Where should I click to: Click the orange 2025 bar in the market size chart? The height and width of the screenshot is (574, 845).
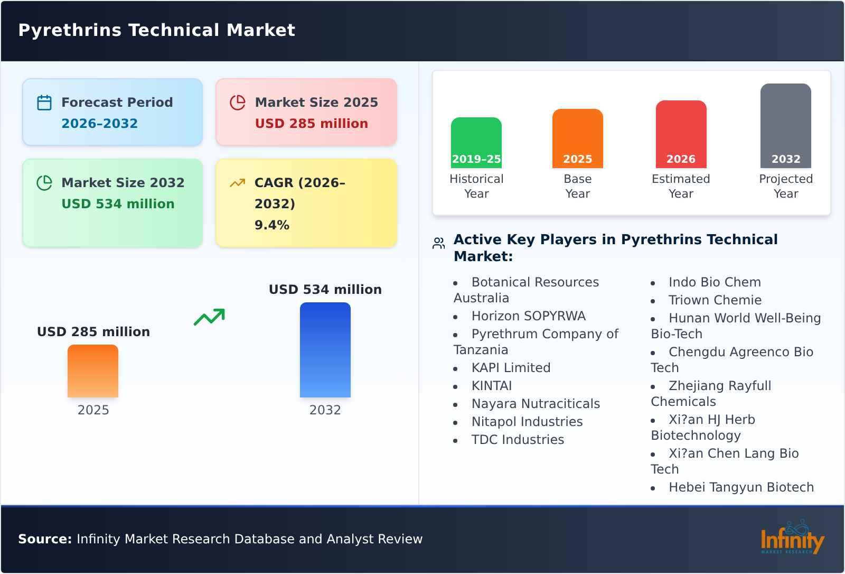[x=93, y=371]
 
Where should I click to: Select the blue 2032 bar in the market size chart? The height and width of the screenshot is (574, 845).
[x=325, y=350]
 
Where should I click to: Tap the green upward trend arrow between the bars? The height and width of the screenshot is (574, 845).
[x=209, y=317]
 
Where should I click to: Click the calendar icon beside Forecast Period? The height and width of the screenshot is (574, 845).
[x=44, y=103]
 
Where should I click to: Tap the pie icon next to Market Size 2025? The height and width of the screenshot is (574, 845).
[x=238, y=103]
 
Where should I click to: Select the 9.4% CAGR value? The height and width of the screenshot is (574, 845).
[x=272, y=225]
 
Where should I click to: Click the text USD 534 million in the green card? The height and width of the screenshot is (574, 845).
[x=118, y=204]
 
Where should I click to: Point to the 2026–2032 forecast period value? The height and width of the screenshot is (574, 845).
[x=99, y=124]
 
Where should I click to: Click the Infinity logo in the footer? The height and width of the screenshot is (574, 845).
[x=792, y=538]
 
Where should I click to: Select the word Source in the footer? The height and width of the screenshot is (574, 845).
[x=44, y=539]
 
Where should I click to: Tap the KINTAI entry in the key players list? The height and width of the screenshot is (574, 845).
[x=492, y=386]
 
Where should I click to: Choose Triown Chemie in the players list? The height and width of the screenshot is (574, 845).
[x=715, y=300]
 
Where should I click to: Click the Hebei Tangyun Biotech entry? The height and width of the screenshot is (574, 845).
[x=741, y=487]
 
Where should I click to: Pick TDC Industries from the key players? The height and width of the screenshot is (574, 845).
[x=518, y=440]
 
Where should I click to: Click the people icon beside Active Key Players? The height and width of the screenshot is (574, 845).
[x=438, y=243]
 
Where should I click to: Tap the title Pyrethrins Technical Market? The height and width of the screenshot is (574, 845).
[x=157, y=30]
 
